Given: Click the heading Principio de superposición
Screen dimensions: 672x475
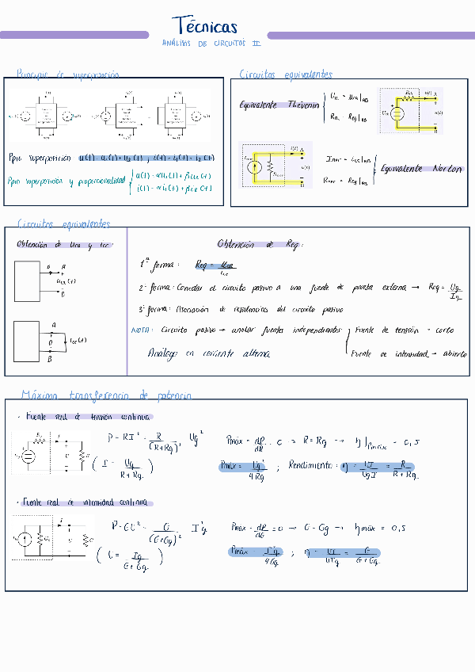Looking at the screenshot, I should (x=68, y=74).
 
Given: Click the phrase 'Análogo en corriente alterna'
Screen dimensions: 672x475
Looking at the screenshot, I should (x=208, y=353).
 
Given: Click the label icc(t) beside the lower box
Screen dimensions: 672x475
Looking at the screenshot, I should (x=78, y=341).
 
